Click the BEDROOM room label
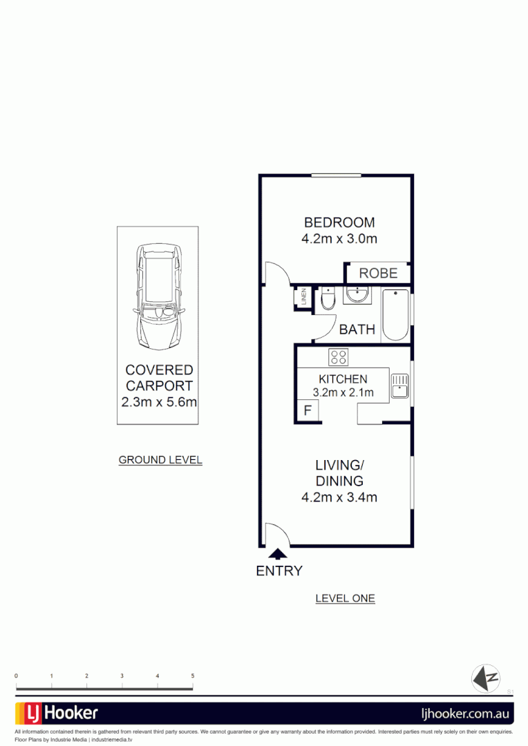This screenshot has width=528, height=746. coord(339,222)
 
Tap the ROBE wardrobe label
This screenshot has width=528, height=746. coord(378,273)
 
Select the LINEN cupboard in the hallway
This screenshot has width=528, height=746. coord(302,297)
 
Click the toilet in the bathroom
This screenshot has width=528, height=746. coord(328,298)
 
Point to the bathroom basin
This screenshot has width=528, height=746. coord(358,296)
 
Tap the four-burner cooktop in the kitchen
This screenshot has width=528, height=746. coord(339,356)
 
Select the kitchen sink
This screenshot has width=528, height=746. coord(399,385)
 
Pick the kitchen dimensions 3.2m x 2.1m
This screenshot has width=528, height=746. coord(343,393)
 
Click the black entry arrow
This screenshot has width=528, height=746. coord(278,553)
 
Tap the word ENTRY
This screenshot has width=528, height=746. coord(279,571)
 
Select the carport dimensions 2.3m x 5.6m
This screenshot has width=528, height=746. coord(159,401)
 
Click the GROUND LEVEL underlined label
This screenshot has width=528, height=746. coord(160,460)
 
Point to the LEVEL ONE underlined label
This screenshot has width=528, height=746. coord(345,598)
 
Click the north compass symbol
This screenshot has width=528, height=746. coord(485,678)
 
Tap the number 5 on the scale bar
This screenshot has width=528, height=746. coord(193,676)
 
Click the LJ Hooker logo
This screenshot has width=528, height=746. coord(57,713)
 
